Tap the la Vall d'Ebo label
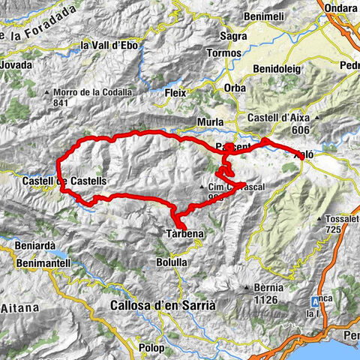[109, 46]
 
